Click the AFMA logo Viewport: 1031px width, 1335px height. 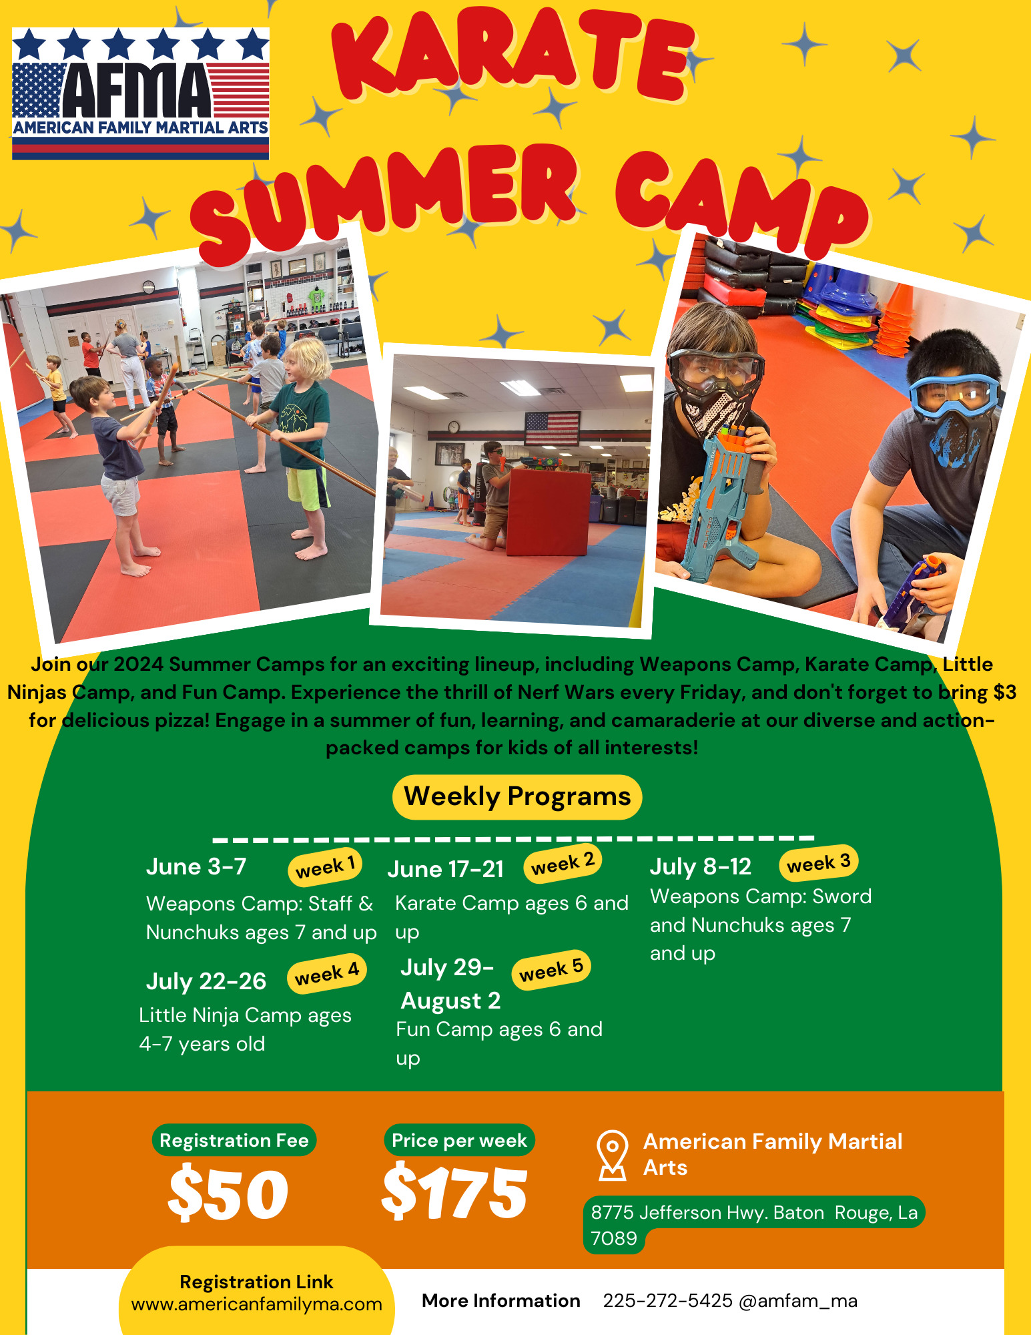coord(140,93)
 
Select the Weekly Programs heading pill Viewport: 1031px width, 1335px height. coord(517,796)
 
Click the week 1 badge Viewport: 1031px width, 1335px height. coord(325,866)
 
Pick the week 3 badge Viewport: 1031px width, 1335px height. coord(818,863)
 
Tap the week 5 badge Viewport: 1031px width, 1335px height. coord(551,969)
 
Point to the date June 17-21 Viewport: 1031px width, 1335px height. coord(445,869)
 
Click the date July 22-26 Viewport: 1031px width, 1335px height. coord(206,981)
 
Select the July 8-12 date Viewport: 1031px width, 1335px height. coord(701,866)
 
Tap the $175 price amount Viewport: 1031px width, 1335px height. coord(454,1191)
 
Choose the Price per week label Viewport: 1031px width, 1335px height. coord(459,1140)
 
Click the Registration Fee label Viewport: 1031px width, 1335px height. coord(234,1140)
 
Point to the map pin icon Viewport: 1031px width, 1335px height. coord(613,1155)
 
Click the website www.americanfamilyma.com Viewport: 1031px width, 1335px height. coord(257,1304)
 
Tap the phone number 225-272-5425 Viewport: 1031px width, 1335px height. coord(668,1300)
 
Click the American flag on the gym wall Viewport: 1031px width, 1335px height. coord(552,429)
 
